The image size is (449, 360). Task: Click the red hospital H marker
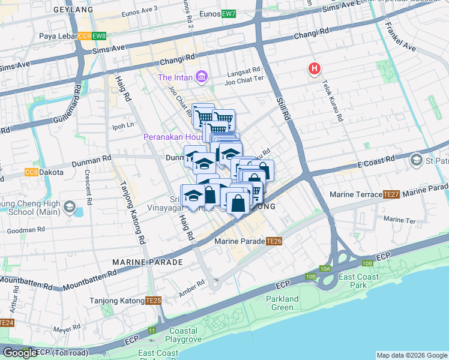pos(314,69)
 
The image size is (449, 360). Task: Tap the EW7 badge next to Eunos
pos(229,14)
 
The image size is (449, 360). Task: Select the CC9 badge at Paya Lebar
pos(85,36)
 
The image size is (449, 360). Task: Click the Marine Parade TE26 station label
pos(249,241)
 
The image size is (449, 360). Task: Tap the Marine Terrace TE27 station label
pos(365,194)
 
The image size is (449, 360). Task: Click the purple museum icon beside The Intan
pos(202,77)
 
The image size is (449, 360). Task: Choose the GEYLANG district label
pos(73,10)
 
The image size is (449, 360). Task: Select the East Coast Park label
pos(358,281)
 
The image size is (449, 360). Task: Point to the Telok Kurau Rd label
pos(332,101)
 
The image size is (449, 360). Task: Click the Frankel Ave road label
pos(400,37)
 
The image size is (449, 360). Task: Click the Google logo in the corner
pos(20,353)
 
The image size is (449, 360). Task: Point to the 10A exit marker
pos(325,269)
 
